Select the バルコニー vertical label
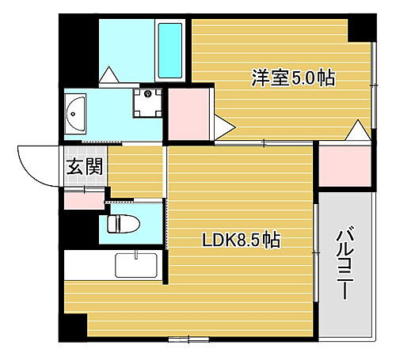345,263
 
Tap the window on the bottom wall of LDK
189,339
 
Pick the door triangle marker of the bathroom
109,75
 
